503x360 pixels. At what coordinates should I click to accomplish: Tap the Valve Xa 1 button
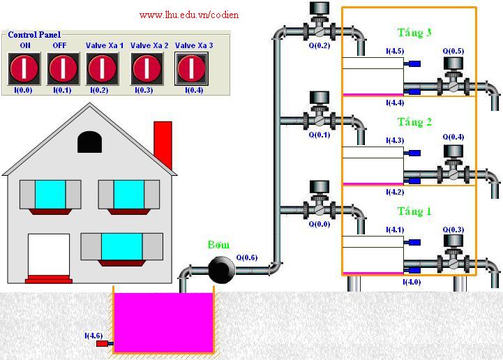coord(103,68)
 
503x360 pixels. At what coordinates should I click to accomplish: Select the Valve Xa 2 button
coord(148,68)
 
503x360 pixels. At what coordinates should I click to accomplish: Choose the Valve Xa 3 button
coord(190,68)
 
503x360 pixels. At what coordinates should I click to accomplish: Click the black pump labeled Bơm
coord(222,268)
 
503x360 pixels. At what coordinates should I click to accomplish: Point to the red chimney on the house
coord(163,144)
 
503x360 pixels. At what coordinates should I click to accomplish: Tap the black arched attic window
coord(89,142)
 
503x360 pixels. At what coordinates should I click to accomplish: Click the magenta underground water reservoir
coord(163,322)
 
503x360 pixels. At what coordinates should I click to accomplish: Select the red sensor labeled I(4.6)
coord(102,343)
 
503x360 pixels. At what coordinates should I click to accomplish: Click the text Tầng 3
coord(414,33)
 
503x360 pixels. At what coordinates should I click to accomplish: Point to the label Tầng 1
coord(414,211)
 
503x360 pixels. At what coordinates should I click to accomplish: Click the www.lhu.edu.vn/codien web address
coord(189,14)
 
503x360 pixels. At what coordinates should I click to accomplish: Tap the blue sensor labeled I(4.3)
coord(414,152)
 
